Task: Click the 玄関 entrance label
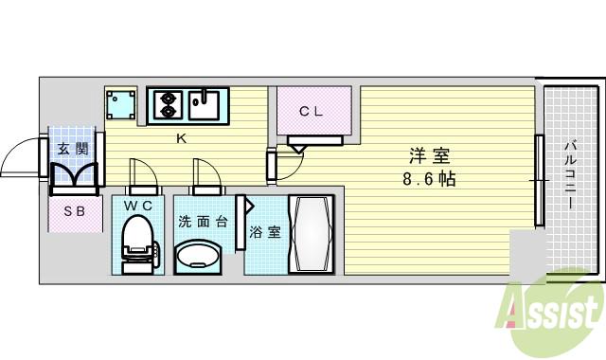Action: [72, 149]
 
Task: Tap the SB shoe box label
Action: [74, 212]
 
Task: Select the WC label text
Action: [138, 205]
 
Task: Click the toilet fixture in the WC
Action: [138, 243]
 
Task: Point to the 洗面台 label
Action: [202, 222]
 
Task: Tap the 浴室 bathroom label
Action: [264, 231]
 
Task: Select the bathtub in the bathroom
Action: [311, 234]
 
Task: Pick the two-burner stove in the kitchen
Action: [168, 103]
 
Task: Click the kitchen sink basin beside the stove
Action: [204, 103]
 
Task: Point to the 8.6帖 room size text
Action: [428, 177]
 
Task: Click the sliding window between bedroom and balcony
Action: [539, 180]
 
